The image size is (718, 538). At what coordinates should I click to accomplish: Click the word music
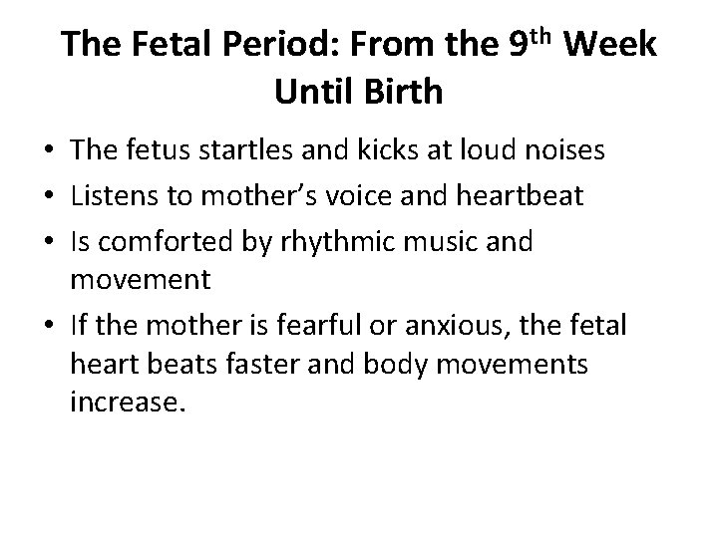[x=438, y=242]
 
